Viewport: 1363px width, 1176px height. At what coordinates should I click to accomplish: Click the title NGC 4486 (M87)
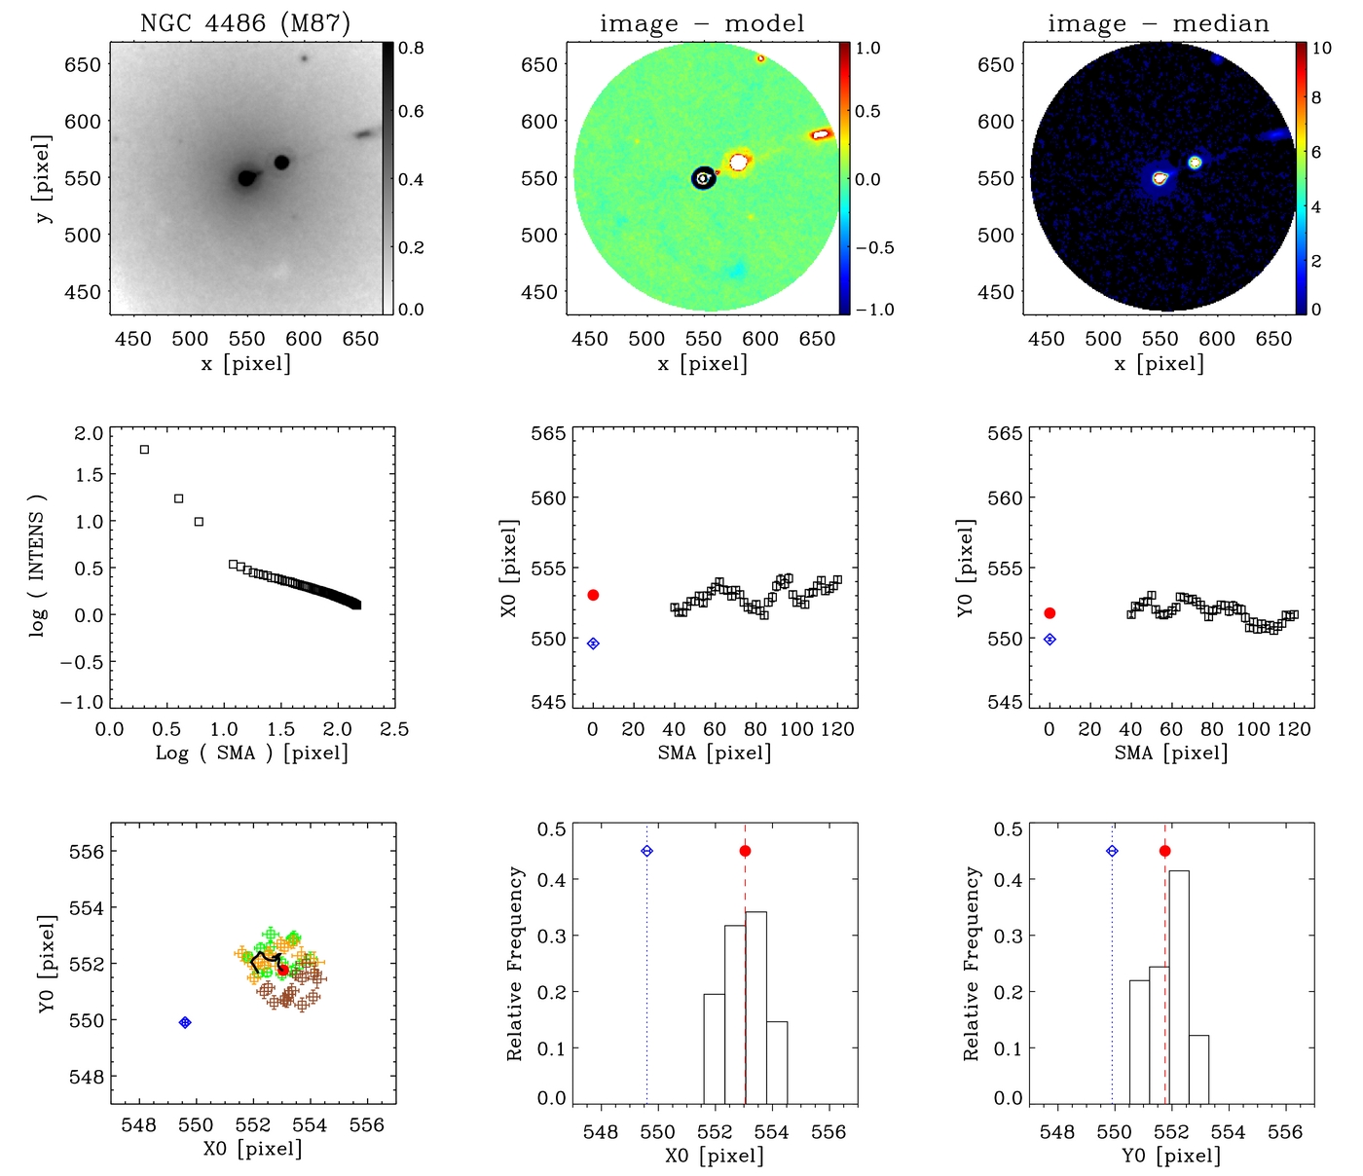(245, 23)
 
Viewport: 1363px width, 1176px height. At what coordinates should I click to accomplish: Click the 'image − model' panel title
(702, 23)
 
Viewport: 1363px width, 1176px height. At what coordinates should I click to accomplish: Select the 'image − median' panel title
(1159, 23)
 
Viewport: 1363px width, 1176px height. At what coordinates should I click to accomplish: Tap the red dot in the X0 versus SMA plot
(593, 595)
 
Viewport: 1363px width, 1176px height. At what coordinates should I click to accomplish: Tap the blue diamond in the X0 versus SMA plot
(593, 643)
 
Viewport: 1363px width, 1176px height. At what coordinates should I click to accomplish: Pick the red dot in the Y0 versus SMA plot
(1050, 613)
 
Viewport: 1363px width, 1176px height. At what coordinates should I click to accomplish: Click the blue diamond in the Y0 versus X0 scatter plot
(185, 1022)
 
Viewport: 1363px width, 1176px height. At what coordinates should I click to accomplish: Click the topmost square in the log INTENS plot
(144, 450)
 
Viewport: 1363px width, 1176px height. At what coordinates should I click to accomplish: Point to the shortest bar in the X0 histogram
(776, 1061)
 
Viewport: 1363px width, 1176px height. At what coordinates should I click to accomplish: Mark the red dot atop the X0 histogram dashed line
(745, 851)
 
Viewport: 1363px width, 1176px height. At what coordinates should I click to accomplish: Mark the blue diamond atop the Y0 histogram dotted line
(1112, 851)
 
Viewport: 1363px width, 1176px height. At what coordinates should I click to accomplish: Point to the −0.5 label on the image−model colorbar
(874, 247)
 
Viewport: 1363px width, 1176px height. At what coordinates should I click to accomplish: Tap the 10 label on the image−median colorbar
(1321, 48)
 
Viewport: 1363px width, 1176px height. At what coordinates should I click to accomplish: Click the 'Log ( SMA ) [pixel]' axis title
(251, 753)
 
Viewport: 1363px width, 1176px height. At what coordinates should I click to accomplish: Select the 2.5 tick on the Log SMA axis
(394, 729)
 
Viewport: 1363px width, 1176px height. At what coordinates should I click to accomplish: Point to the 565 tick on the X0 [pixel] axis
(547, 433)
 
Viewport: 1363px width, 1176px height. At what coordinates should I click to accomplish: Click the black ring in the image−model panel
(703, 178)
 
